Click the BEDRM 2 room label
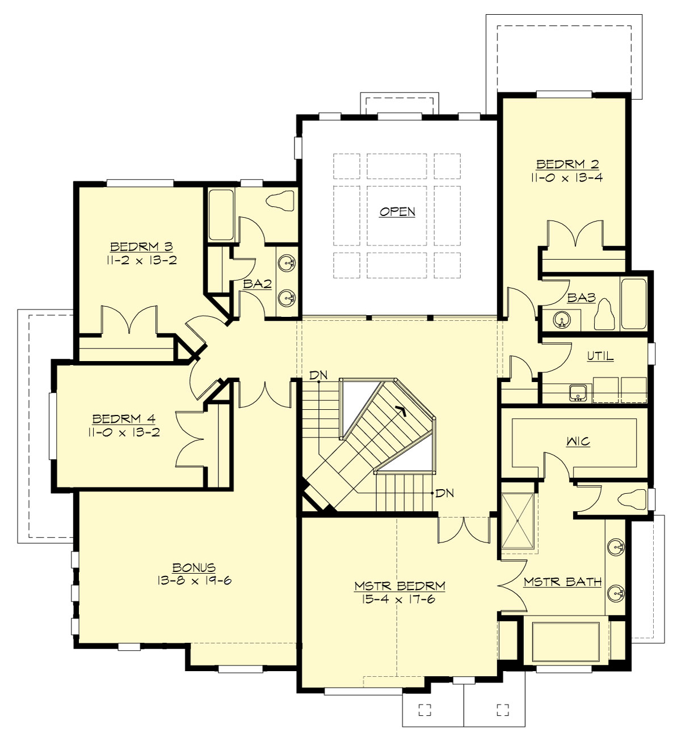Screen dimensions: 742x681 click(x=567, y=164)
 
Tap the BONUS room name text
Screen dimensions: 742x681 click(x=194, y=567)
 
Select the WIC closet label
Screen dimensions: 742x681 click(x=578, y=442)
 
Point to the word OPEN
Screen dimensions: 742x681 click(x=397, y=211)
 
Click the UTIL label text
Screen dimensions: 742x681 click(x=600, y=356)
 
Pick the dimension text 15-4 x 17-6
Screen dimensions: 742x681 click(x=398, y=599)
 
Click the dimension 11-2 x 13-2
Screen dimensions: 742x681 click(x=141, y=260)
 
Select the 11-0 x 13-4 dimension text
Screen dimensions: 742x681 click(x=567, y=177)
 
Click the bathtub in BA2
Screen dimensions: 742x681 click(x=221, y=215)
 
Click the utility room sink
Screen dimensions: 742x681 click(x=578, y=392)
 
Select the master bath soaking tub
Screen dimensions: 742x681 click(x=566, y=642)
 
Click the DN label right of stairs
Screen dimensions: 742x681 click(x=444, y=493)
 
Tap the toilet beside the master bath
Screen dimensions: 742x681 click(x=632, y=499)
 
